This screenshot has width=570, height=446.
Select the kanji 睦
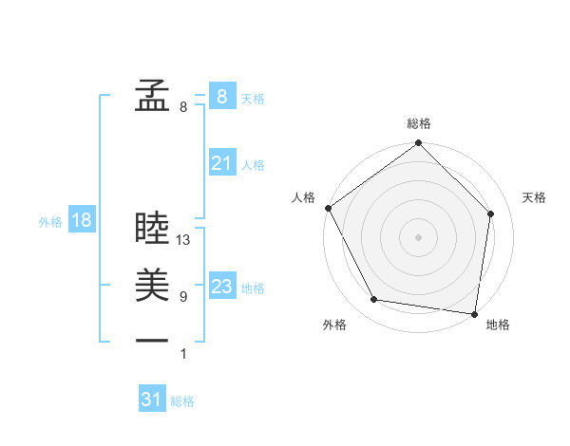[152, 228]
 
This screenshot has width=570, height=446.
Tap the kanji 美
[152, 285]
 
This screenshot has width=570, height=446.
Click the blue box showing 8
[221, 96]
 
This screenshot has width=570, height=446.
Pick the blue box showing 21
[221, 163]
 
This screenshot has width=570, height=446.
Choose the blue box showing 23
[221, 287]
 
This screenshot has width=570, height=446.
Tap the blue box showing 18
[81, 220]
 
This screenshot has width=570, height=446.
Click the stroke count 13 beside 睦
[184, 241]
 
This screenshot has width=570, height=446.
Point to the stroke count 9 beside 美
[183, 297]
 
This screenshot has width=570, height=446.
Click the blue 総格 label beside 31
[182, 401]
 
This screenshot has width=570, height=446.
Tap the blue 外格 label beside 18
[50, 222]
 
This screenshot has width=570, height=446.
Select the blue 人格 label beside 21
[253, 165]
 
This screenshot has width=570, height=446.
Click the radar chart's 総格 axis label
[419, 123]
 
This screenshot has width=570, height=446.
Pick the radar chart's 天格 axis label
[535, 197]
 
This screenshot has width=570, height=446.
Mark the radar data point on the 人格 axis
[328, 208]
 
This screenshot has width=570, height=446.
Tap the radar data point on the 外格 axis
[374, 300]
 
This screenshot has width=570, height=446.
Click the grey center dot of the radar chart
[419, 236]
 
